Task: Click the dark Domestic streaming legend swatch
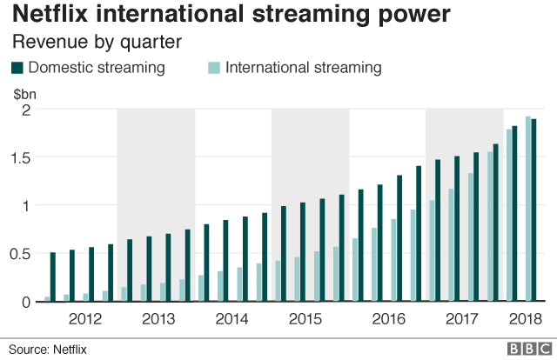point(17,68)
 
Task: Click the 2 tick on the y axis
point(26,110)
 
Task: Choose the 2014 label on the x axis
point(233,319)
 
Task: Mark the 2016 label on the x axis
point(387,319)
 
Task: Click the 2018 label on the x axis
point(524,319)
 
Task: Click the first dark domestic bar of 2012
point(53,277)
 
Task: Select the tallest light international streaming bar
point(528,210)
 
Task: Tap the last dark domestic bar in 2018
point(534,210)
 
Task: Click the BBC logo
point(524,348)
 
